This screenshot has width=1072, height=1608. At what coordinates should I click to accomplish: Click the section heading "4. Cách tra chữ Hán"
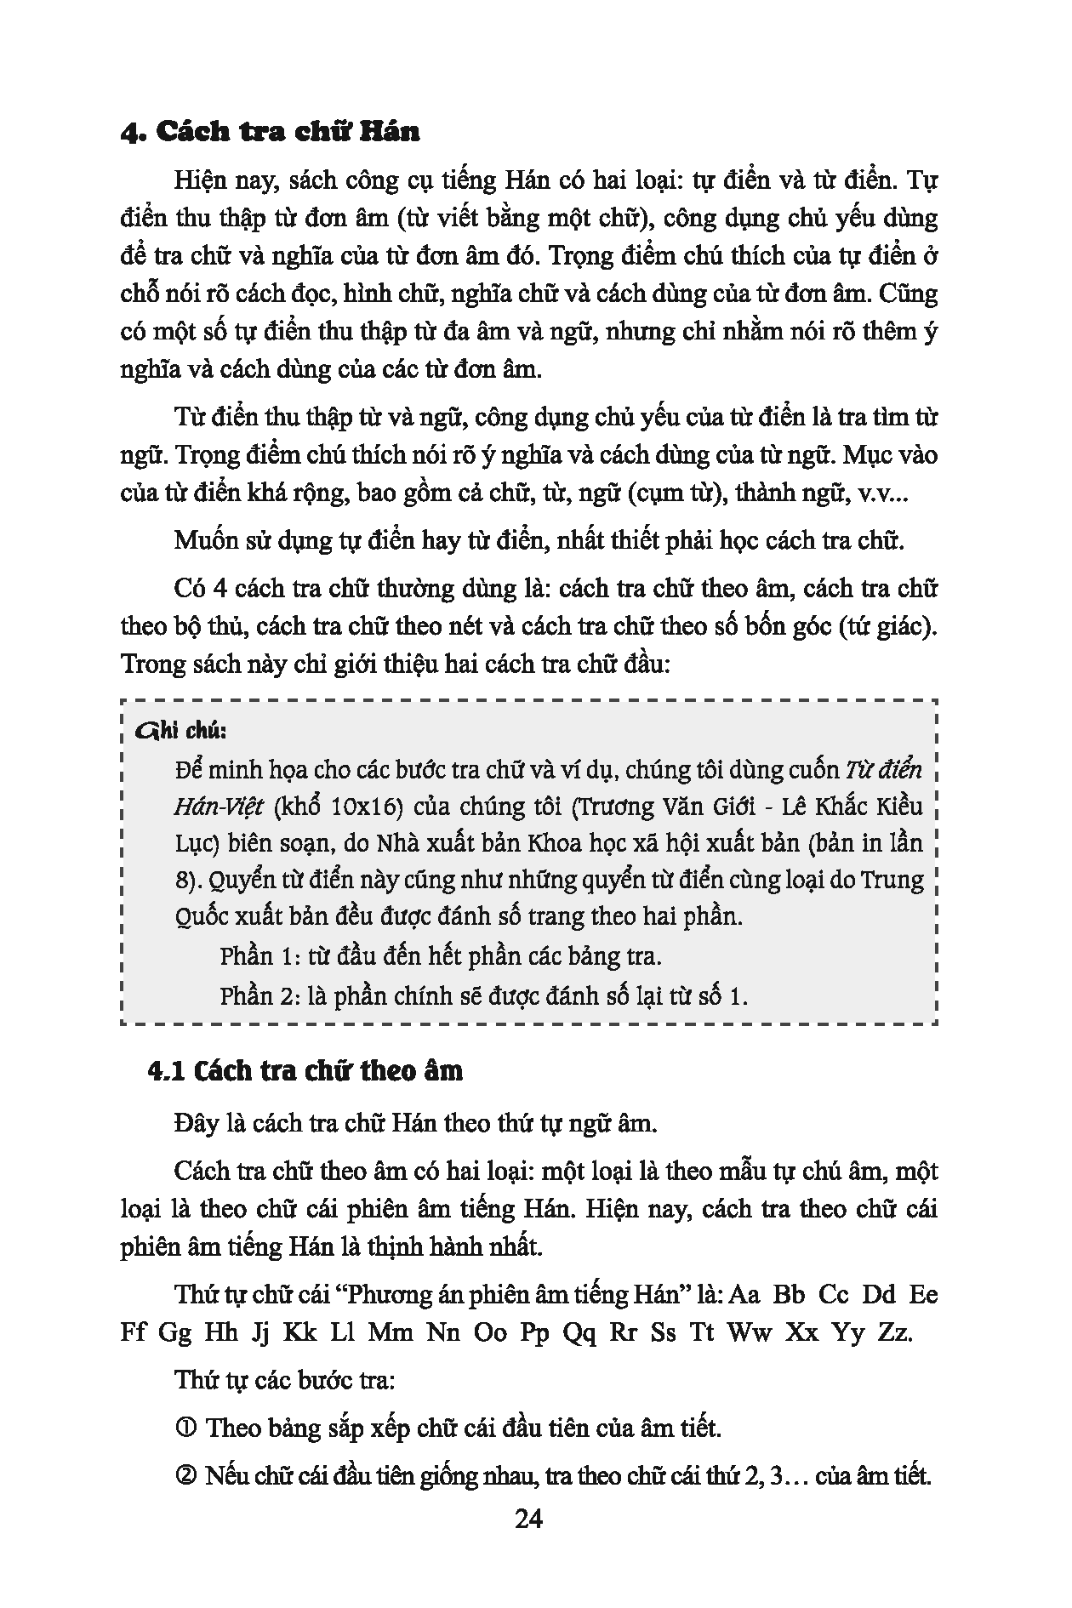(271, 133)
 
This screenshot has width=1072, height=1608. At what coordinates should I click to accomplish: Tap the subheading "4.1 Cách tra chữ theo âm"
(305, 1070)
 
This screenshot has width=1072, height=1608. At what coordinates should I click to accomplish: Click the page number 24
(528, 1518)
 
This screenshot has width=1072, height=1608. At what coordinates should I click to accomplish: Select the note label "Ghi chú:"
(181, 731)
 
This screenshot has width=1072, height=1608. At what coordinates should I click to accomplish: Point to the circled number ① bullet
(187, 1428)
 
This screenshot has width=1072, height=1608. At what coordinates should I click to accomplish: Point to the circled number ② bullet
(187, 1475)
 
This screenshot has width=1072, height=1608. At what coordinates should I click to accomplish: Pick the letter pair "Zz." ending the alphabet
(893, 1332)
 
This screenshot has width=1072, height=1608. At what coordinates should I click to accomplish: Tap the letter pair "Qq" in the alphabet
(579, 1332)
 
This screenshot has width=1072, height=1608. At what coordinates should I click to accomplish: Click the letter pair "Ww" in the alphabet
(750, 1332)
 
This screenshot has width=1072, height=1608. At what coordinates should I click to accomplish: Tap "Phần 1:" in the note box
(255, 955)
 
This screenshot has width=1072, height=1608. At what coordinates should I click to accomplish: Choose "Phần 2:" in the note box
(255, 995)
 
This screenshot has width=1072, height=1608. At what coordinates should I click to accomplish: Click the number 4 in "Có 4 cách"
(214, 588)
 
